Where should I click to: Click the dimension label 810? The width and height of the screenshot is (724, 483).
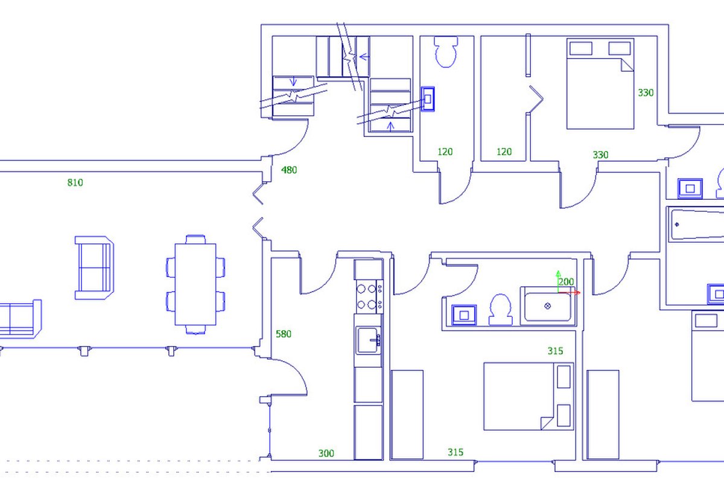[75, 183]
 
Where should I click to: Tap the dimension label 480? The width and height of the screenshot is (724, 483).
[289, 170]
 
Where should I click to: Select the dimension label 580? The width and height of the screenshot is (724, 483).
[284, 334]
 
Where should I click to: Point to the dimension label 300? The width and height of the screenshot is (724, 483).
[326, 453]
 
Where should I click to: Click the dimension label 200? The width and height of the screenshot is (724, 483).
[567, 282]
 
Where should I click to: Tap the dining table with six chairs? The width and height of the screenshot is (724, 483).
[195, 284]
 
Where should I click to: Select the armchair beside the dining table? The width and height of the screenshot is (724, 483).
[94, 268]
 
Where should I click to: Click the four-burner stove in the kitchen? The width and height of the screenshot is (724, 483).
[369, 296]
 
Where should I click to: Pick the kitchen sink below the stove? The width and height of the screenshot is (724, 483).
[368, 341]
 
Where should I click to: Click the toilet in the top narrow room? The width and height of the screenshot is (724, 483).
[446, 52]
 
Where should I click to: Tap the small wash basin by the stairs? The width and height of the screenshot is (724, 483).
[428, 99]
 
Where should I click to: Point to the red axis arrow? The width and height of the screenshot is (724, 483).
[570, 293]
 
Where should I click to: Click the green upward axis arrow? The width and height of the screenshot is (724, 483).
[558, 281]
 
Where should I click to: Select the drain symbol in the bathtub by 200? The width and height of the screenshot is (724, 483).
[548, 305]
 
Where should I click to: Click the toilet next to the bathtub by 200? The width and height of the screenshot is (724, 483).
[500, 309]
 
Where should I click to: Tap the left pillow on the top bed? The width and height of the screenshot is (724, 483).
[581, 48]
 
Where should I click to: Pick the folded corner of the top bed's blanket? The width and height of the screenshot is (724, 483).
[627, 65]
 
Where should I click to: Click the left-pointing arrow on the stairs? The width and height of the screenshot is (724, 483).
[364, 57]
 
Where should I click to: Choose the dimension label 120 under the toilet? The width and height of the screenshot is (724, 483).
[445, 152]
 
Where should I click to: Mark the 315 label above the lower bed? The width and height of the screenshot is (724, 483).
[555, 351]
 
